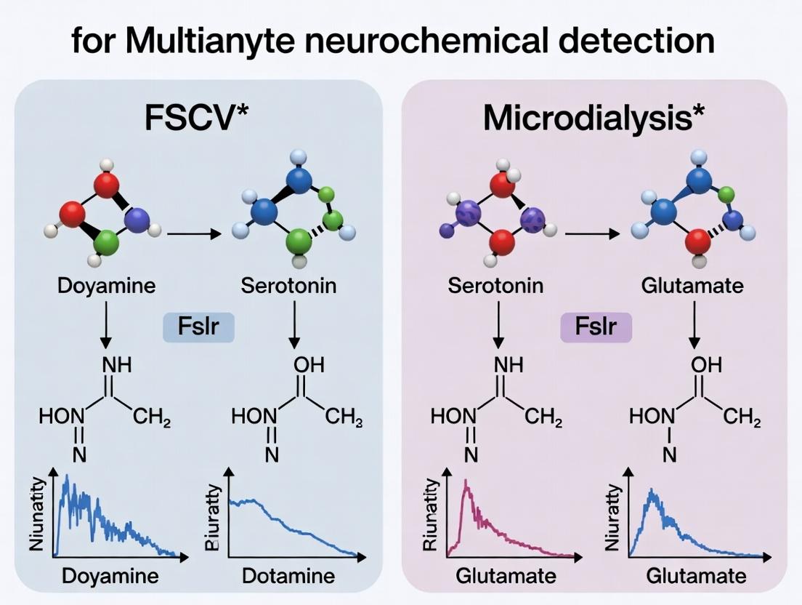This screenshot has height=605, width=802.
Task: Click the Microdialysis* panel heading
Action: tap(594, 118)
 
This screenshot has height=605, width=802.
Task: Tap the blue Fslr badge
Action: tap(198, 326)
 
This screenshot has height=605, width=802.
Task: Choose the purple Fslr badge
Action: tap(596, 326)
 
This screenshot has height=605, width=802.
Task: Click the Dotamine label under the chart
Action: tap(288, 577)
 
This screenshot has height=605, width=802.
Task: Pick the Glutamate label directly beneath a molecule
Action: tap(692, 285)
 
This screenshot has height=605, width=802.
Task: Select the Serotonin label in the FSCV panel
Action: tap(288, 285)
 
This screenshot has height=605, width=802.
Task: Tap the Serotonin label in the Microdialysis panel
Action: tap(495, 285)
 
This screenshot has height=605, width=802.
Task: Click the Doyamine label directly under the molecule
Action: tap(106, 285)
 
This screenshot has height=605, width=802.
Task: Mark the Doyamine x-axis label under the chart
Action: tap(110, 577)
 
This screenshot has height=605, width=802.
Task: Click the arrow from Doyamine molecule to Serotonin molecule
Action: tap(192, 234)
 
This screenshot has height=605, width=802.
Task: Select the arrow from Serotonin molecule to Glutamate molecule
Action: tap(592, 234)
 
